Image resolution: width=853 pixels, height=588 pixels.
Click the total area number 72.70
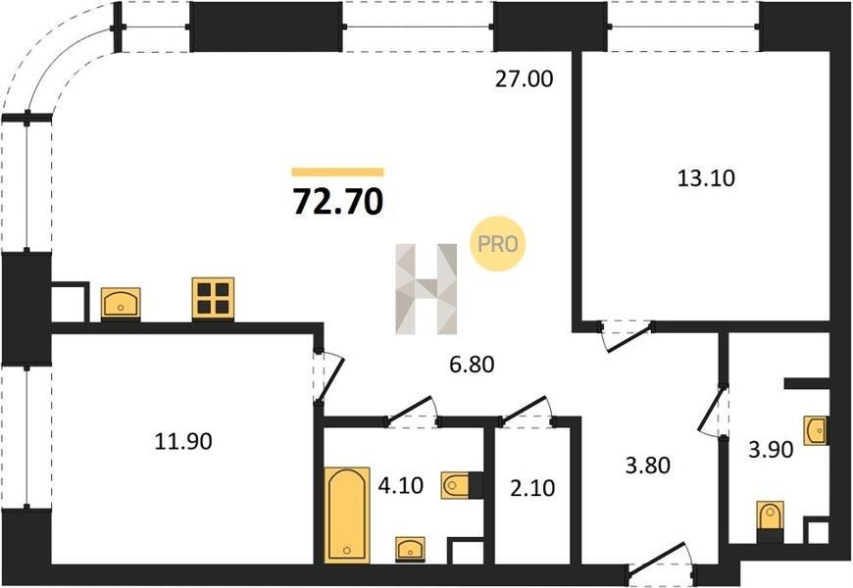[338, 201]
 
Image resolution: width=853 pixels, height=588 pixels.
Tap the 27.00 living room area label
[524, 78]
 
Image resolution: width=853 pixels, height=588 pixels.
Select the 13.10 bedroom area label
[706, 177]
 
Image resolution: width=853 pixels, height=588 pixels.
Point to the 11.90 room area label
[183, 441]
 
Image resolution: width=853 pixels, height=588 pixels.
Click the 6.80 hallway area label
[472, 364]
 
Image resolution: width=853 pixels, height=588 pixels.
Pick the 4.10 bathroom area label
[400, 485]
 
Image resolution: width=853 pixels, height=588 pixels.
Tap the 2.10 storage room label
[532, 488]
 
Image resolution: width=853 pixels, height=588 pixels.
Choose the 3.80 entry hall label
[647, 465]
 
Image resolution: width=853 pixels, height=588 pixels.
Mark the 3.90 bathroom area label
[771, 450]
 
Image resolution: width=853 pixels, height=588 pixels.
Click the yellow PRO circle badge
[497, 244]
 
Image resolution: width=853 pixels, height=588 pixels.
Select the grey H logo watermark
[426, 289]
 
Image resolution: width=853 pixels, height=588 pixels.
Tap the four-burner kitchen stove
[213, 298]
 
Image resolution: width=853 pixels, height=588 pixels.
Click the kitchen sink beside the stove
[121, 303]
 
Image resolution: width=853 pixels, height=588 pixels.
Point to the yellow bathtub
[347, 515]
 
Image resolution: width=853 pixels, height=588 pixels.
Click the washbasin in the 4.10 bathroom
[410, 548]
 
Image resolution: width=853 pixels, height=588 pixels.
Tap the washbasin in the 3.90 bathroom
[816, 431]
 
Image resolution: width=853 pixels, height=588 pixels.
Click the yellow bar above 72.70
[338, 172]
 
